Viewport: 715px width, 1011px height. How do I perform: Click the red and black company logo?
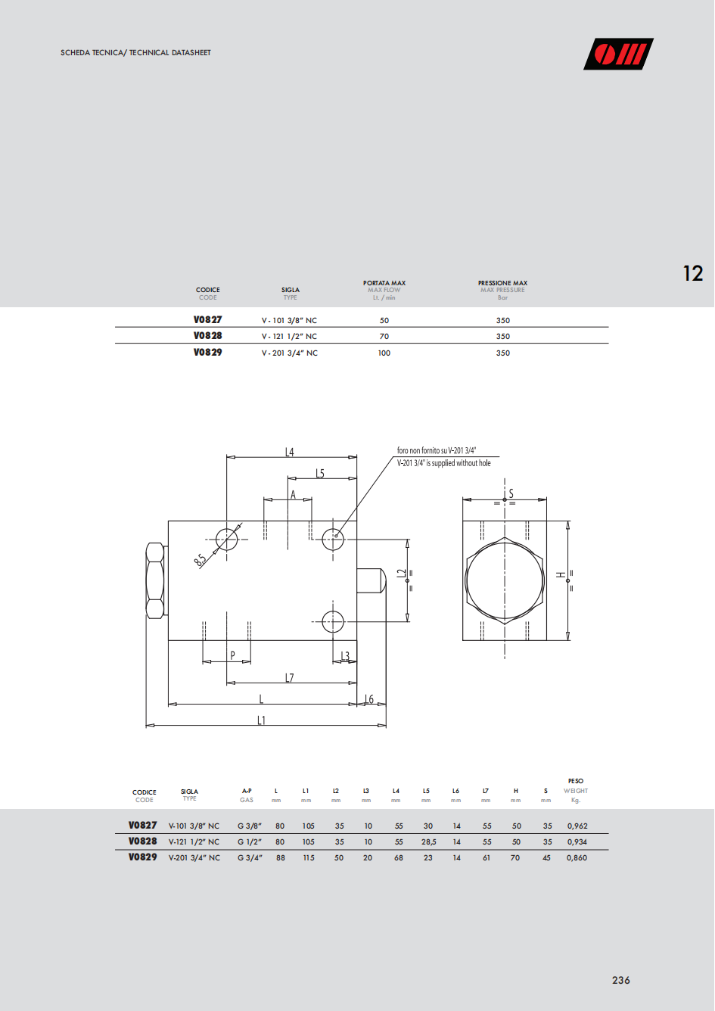(x=618, y=54)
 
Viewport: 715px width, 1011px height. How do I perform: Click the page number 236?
(x=620, y=980)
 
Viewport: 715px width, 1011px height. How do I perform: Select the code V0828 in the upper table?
(x=207, y=336)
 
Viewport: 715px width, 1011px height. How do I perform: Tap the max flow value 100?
(x=384, y=353)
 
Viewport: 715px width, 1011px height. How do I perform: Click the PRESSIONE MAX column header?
(x=502, y=283)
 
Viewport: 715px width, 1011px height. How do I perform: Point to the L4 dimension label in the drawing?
(x=289, y=452)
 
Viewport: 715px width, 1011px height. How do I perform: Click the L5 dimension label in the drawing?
(x=319, y=473)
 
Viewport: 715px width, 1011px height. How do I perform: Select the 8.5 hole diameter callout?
(x=201, y=559)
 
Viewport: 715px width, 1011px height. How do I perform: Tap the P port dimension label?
(x=232, y=655)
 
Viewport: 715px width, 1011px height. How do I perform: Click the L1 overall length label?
(x=261, y=720)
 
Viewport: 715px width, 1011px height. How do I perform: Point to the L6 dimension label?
(x=369, y=699)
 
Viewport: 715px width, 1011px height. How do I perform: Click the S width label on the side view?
(x=511, y=493)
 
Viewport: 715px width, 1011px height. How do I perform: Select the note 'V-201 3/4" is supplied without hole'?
(x=443, y=463)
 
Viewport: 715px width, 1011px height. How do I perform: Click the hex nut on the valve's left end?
(x=155, y=580)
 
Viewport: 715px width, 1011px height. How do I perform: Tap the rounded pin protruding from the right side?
(x=371, y=580)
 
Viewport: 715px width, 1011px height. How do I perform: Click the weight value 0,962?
(x=577, y=826)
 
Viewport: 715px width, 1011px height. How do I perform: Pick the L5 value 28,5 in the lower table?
(x=428, y=841)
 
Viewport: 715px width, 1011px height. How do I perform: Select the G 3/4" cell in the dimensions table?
(x=250, y=857)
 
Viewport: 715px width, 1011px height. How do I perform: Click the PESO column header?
(x=576, y=781)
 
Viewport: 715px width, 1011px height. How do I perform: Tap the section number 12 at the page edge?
(x=693, y=273)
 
